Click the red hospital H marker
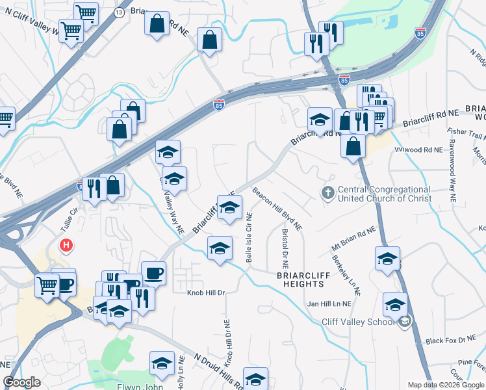[66, 246]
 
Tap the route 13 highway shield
[119, 12]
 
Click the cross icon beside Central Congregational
[328, 193]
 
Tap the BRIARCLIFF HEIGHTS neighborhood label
[300, 279]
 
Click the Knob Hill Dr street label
[205, 293]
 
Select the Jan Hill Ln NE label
[329, 304]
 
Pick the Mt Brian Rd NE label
[353, 239]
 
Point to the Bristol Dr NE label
[284, 248]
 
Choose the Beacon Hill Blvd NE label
[277, 209]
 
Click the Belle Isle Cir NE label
[249, 240]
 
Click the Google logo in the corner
[22, 382]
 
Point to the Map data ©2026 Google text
[445, 385]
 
